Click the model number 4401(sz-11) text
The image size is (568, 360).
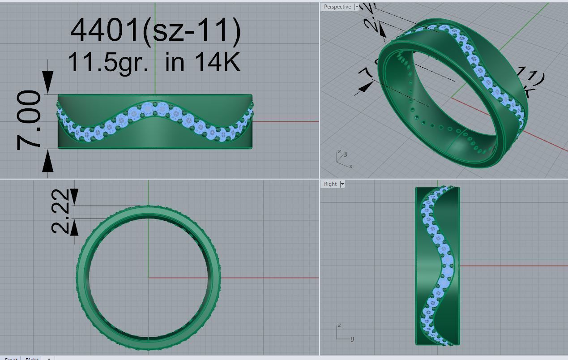(155, 30)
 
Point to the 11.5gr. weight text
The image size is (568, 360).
(107, 62)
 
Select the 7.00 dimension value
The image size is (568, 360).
(29, 120)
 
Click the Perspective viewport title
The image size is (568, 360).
(337, 7)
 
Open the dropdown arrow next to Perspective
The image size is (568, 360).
(357, 7)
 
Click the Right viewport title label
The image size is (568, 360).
(330, 184)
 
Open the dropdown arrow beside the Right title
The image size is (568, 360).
(342, 184)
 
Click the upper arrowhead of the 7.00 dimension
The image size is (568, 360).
(48, 83)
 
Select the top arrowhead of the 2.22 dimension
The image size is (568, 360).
(74, 196)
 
